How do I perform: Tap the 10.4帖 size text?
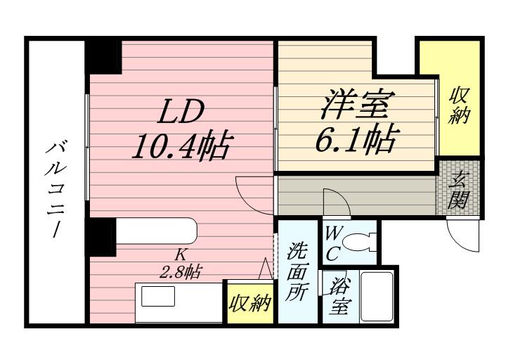coord(181,146)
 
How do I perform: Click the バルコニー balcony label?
coord(53,189)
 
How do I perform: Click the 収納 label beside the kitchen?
coord(249,304)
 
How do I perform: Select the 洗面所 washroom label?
coord(294,272)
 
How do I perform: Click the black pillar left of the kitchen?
coord(101,236)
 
